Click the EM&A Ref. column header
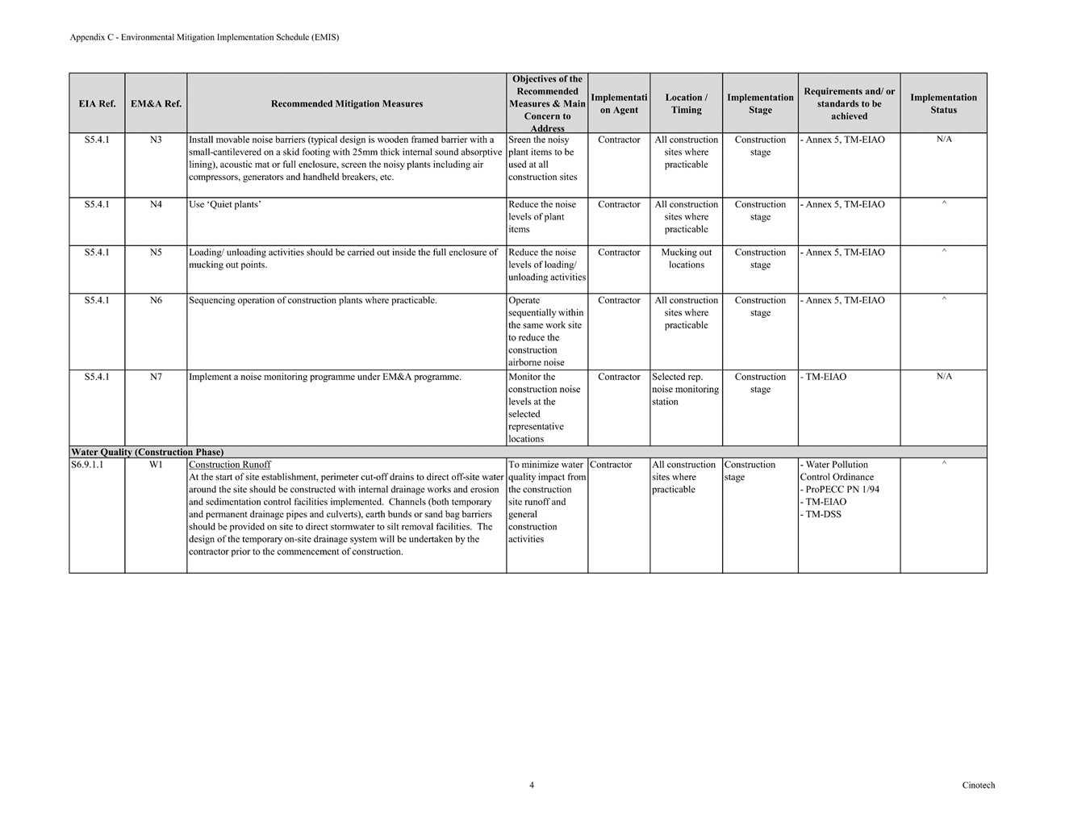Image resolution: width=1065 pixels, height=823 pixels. [x=156, y=104]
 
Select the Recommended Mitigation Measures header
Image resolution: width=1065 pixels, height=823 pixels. [x=346, y=104]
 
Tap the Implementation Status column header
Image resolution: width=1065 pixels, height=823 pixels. [x=943, y=104]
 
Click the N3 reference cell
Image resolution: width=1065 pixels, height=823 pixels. [x=156, y=140]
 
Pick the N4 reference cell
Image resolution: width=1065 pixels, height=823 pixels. [x=156, y=204]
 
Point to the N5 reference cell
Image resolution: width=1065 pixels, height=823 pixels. [x=156, y=253]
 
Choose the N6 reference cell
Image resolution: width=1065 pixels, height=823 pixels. [x=156, y=300]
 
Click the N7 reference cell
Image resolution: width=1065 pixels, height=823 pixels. [x=156, y=377]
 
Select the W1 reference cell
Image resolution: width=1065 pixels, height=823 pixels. [x=156, y=465]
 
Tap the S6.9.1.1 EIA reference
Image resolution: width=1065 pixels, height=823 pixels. [x=87, y=465]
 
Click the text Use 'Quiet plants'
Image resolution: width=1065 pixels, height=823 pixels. [x=224, y=204]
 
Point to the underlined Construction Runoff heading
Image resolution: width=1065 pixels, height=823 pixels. [x=230, y=465]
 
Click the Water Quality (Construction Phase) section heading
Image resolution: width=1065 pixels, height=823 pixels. [x=147, y=452]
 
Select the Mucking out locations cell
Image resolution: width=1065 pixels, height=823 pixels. [x=686, y=258]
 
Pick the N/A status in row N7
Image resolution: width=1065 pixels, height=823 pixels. [x=944, y=377]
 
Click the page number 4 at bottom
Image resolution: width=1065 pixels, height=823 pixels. [x=532, y=785]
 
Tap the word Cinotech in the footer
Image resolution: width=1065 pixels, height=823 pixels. [x=978, y=785]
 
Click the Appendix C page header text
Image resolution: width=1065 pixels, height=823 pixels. [x=204, y=37]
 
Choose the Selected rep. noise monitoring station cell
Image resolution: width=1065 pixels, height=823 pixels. [x=685, y=389]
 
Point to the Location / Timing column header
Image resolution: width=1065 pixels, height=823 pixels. [x=686, y=104]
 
